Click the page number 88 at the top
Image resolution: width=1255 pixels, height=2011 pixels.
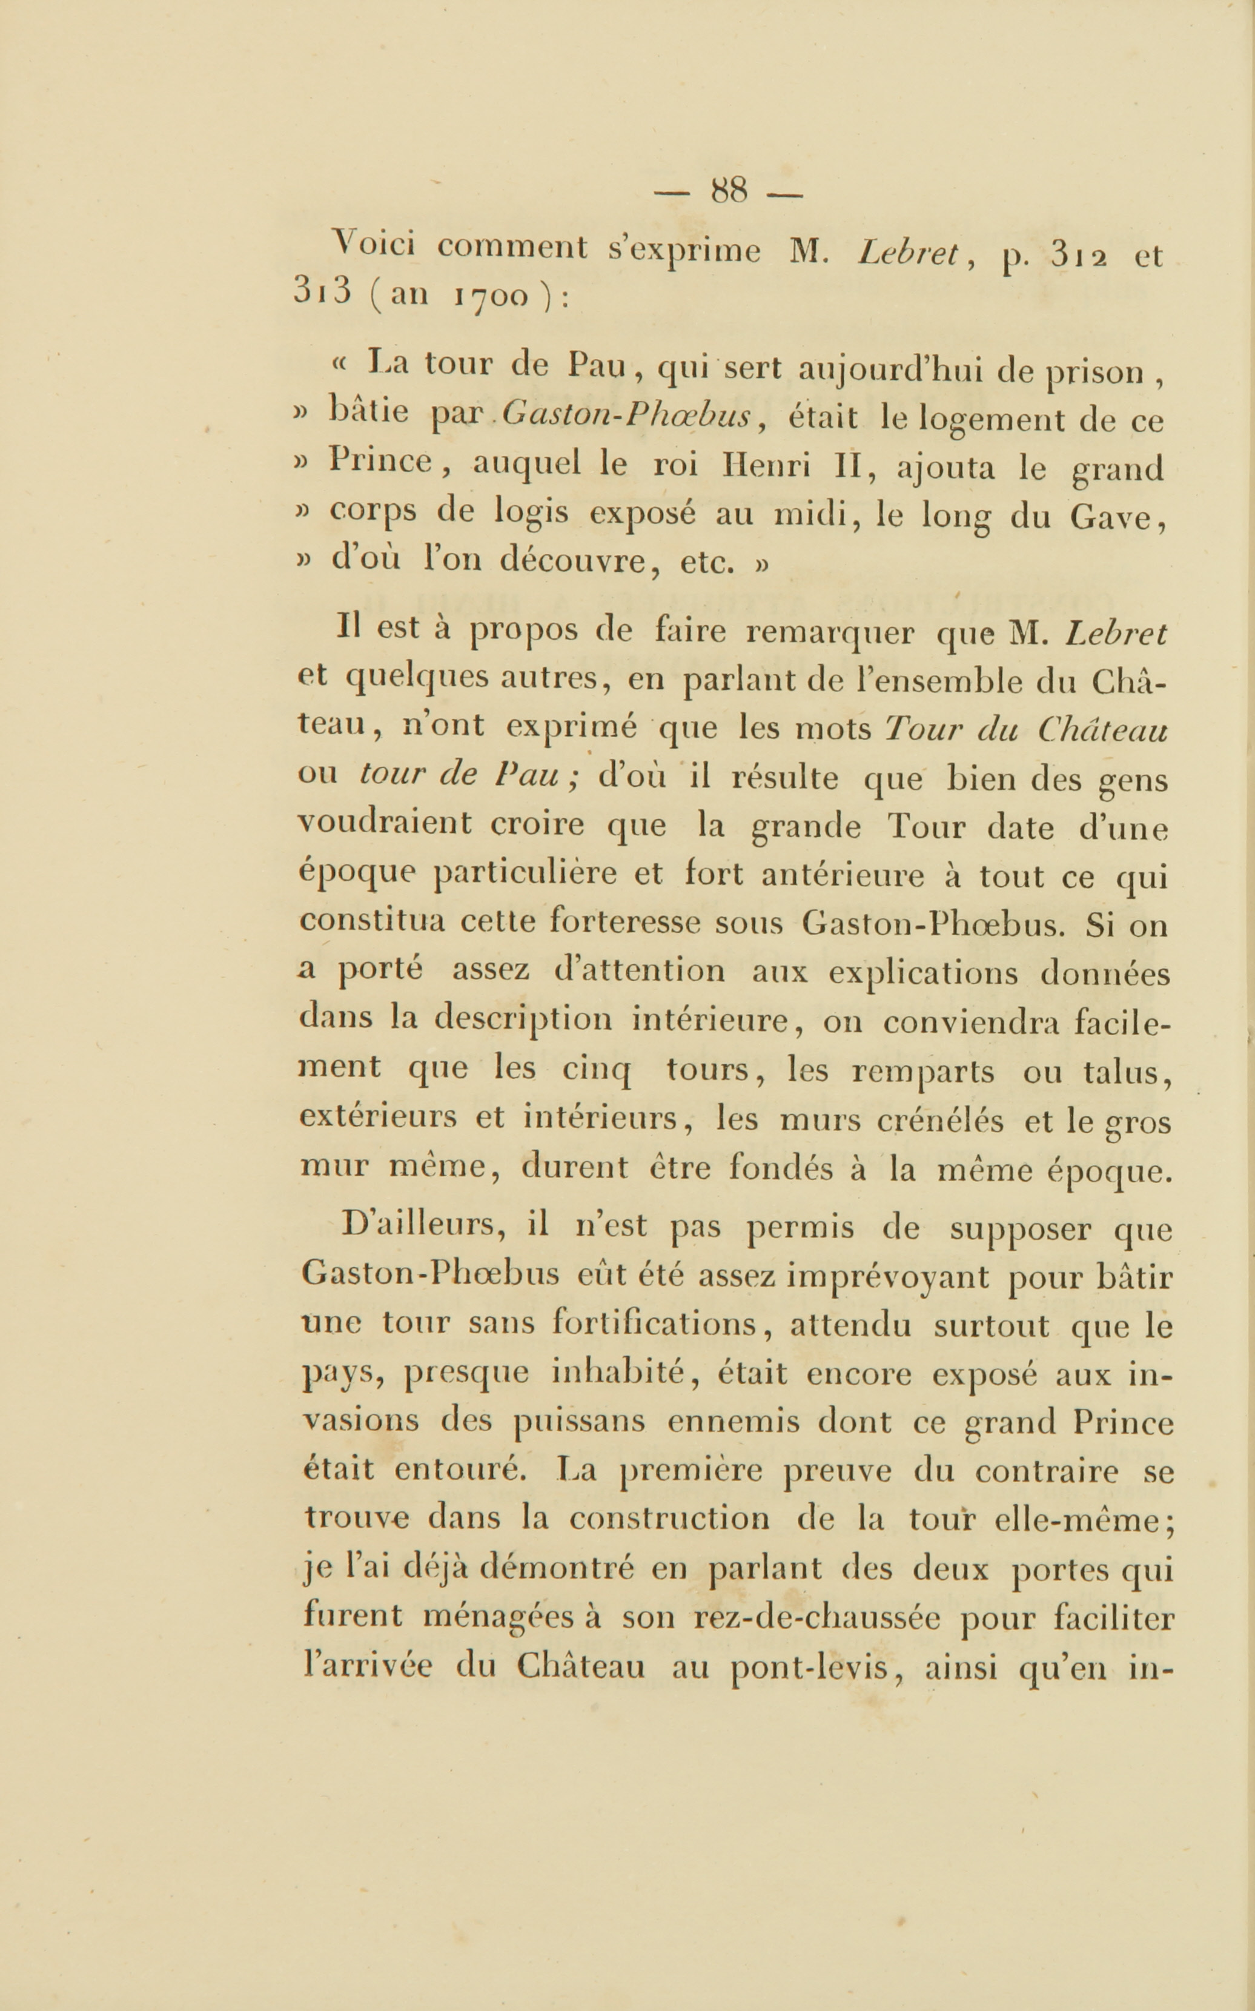tap(730, 193)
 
